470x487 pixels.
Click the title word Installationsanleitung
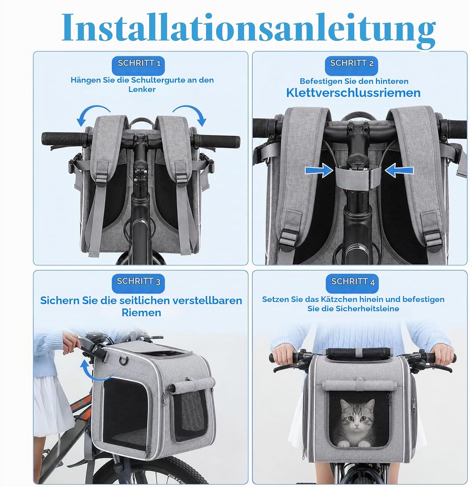click(249, 29)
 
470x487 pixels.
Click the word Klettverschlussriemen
click(353, 93)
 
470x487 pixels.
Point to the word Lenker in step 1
click(142, 89)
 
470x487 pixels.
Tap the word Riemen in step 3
click(141, 313)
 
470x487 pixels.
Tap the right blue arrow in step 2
click(399, 170)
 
